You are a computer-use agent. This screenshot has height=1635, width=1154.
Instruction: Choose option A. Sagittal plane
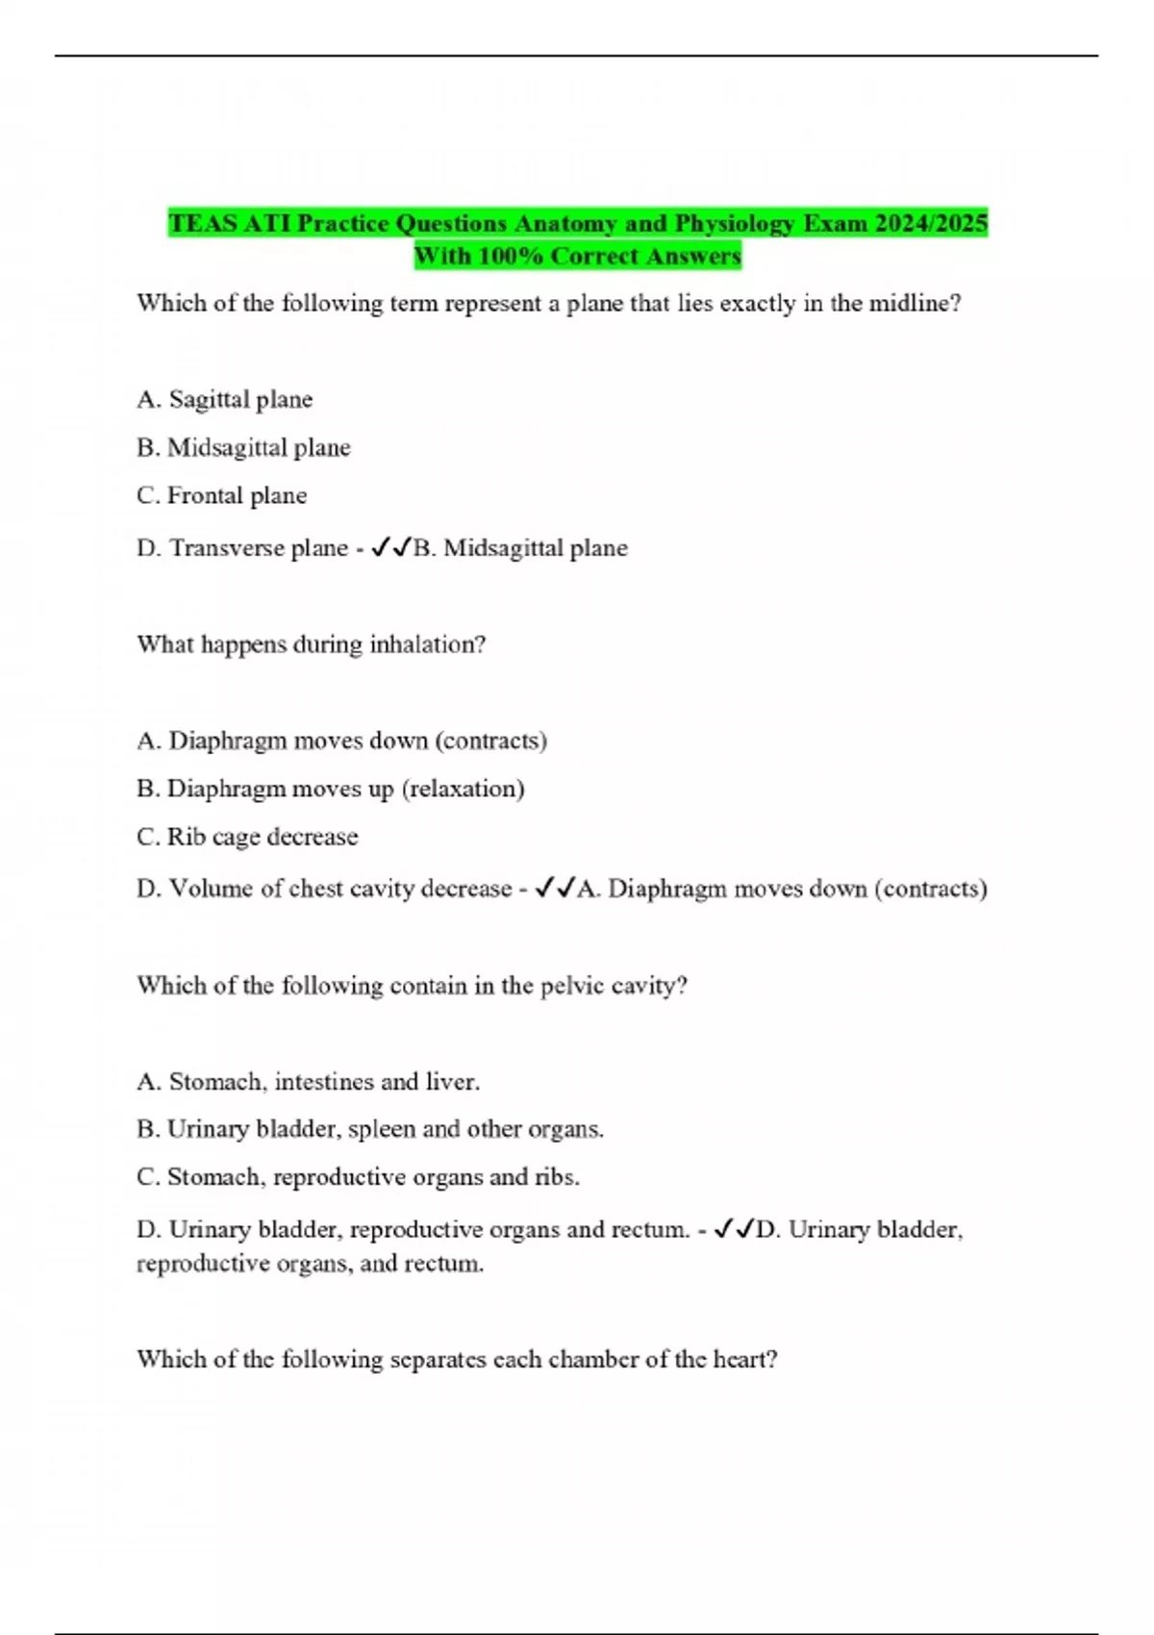tap(225, 400)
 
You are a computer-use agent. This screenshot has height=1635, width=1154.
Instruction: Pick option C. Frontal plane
tap(222, 496)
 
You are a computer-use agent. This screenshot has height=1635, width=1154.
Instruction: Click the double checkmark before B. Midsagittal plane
tap(390, 547)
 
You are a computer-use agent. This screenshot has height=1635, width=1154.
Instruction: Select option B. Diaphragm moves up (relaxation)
tap(331, 789)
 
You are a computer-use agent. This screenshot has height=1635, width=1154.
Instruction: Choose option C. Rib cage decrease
tap(247, 837)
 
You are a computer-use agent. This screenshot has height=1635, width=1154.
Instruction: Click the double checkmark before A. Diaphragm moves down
tap(555, 888)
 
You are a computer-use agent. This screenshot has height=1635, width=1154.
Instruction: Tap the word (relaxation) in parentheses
tap(463, 789)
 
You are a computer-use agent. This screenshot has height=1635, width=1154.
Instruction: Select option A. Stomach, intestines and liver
tap(308, 1082)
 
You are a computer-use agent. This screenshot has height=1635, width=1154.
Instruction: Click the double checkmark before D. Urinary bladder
tap(734, 1229)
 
